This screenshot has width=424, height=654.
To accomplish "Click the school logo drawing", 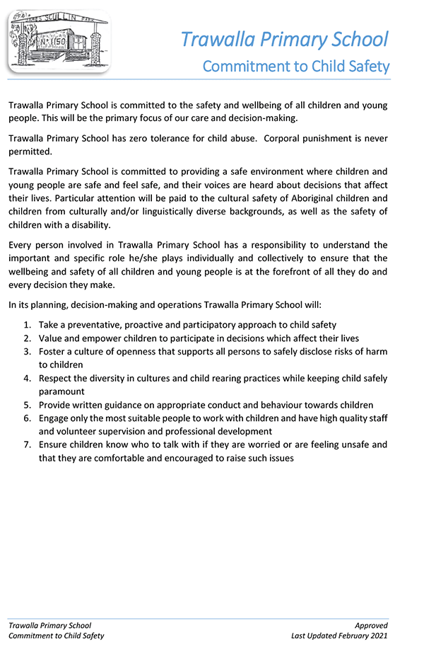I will [x=59, y=40].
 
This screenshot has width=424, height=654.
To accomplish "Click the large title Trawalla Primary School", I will [x=284, y=38].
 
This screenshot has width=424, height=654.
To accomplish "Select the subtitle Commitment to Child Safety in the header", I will [x=295, y=67].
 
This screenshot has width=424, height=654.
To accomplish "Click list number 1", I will [x=26, y=325].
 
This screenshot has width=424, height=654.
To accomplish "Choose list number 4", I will [x=26, y=378].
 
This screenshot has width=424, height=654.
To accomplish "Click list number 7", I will [x=26, y=444].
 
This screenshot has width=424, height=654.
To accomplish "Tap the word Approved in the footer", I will [x=372, y=626].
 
